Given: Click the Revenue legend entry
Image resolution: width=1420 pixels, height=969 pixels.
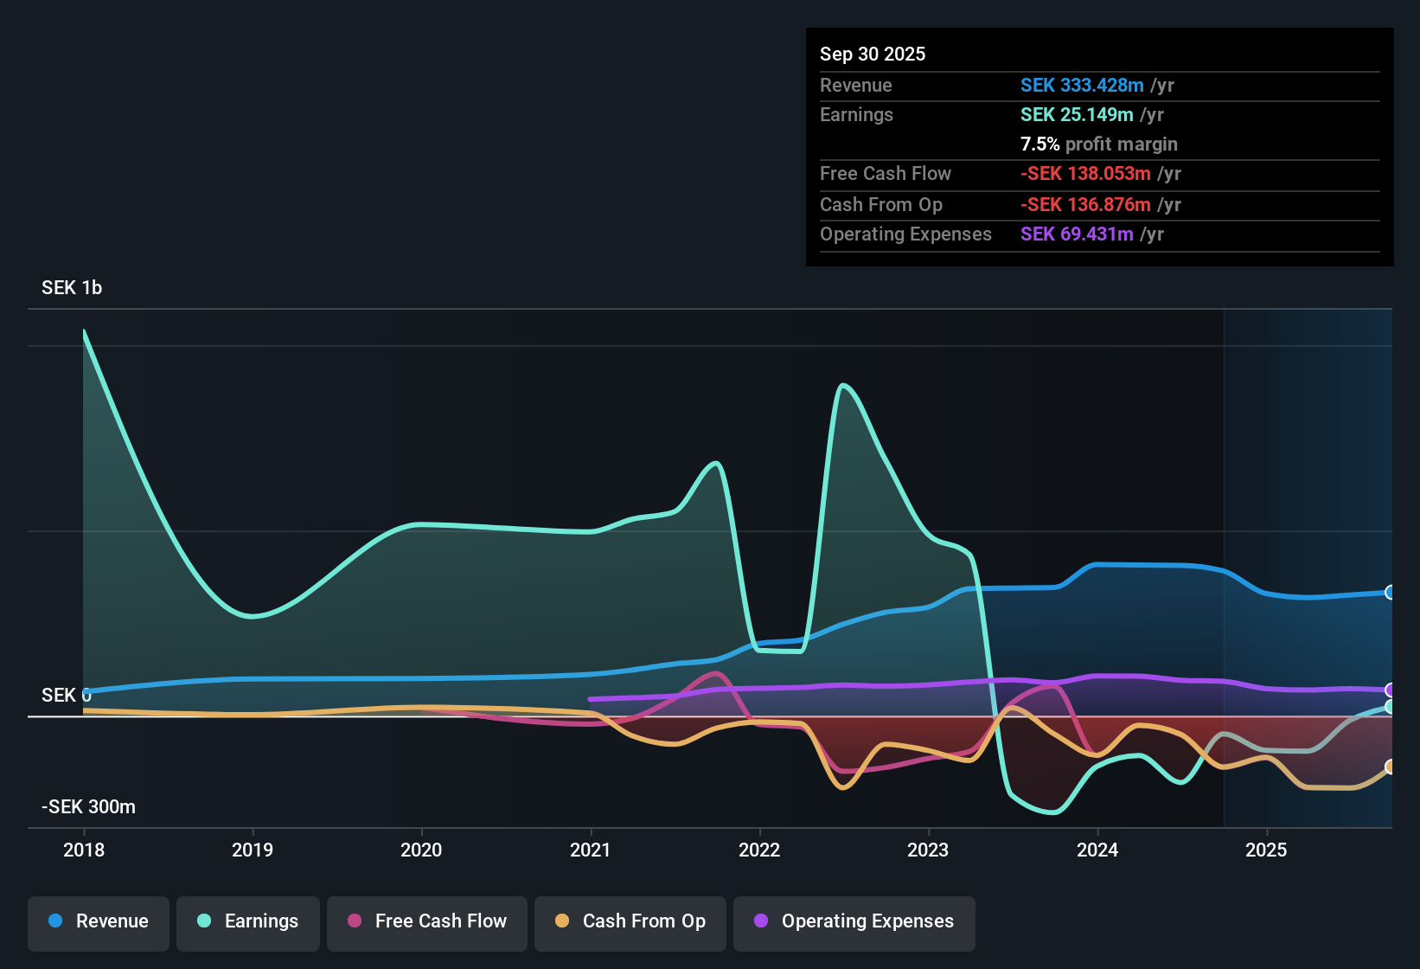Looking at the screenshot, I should [x=99, y=921].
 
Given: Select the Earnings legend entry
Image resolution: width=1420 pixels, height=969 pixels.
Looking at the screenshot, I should [x=247, y=921].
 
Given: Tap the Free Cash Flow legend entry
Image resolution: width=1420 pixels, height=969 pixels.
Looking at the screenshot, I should [x=427, y=921].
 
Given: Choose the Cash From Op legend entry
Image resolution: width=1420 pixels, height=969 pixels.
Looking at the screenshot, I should [x=630, y=921].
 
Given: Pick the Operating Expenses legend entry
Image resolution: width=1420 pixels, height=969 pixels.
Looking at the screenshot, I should [x=854, y=921].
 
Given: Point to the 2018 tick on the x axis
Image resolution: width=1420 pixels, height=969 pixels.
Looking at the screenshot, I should [x=84, y=850].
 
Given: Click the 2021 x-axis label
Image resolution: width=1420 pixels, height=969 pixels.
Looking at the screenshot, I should [x=590, y=850].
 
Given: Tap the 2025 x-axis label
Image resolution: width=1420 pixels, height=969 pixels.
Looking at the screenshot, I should [x=1265, y=850].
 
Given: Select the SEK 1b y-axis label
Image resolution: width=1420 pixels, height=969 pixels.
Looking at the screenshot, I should [x=72, y=288].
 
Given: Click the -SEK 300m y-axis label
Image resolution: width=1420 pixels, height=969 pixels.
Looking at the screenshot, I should [x=88, y=807].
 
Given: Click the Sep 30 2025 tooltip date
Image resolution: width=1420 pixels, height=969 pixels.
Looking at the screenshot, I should [x=872, y=55].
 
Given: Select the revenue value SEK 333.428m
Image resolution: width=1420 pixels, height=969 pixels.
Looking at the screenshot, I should [x=1081, y=86].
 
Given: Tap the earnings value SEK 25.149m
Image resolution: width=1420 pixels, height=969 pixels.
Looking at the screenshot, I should [x=1076, y=115].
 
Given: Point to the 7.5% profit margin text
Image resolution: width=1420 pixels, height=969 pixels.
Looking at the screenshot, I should [x=1098, y=144].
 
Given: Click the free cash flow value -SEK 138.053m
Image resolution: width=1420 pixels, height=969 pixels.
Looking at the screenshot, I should [x=1084, y=174].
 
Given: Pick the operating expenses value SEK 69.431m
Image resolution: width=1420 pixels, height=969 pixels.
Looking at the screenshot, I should [x=1076, y=234].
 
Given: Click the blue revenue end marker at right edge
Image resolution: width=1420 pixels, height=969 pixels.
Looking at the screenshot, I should [x=1390, y=593].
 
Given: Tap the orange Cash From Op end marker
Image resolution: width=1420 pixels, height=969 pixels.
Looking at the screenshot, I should [x=1390, y=767].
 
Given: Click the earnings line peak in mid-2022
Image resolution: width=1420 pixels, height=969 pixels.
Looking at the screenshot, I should [x=842, y=385].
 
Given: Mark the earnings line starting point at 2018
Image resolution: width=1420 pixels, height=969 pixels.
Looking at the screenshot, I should [x=84, y=331].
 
